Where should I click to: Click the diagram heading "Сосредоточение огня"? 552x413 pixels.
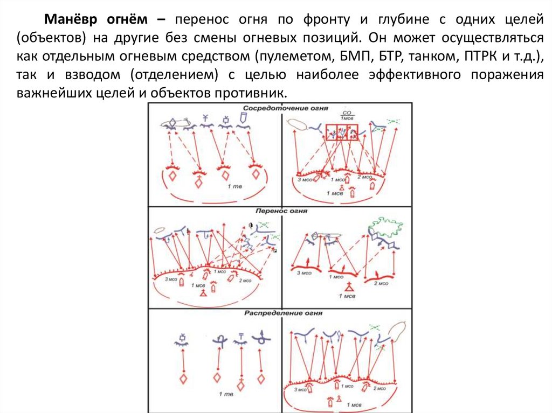281,108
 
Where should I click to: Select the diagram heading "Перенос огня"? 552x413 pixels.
281,211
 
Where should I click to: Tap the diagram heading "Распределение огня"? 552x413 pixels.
281,314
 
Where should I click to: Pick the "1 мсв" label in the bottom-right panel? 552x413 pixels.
354,403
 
